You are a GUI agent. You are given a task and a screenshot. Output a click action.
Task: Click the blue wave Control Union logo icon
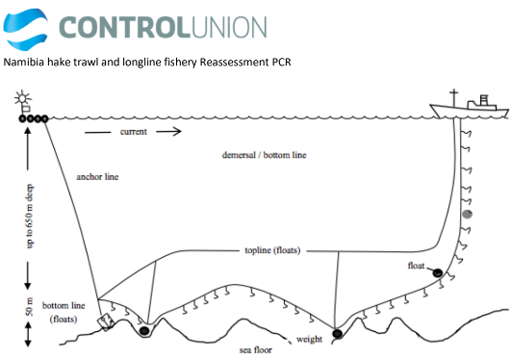pos(25,30)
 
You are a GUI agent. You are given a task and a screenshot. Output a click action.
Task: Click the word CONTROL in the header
pos(124,28)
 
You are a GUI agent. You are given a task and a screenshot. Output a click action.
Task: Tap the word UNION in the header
pos(229,28)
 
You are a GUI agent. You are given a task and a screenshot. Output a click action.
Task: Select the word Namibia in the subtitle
pos(23,62)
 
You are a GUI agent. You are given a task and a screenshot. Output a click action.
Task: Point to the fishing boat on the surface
pos(469,105)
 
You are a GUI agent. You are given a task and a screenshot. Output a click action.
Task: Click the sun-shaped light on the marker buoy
pos(22,97)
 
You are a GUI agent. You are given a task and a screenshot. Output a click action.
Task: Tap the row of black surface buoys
pos(34,118)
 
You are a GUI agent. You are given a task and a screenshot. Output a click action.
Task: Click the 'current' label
pos(134,132)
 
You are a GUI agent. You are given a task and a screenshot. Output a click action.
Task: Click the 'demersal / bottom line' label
pos(264,155)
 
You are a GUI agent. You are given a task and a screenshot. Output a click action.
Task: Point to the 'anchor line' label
pos(97,177)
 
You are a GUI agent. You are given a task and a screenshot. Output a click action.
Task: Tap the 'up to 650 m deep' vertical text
pos(30,216)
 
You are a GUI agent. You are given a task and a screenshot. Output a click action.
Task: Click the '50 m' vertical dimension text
pos(30,306)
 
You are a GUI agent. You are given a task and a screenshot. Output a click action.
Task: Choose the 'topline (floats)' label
pos(272,250)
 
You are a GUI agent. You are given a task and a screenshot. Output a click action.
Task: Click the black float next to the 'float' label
pos(437,272)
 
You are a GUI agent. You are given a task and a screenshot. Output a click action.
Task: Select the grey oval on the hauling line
pos(468,215)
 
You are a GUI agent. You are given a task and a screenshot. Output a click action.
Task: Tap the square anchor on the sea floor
pos(106,322)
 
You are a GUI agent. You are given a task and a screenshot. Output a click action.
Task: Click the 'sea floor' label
pos(256,350)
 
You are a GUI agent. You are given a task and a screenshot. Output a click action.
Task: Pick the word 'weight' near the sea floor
pos(309,340)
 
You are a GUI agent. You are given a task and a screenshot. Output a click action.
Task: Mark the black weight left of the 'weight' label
pos(337,334)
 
